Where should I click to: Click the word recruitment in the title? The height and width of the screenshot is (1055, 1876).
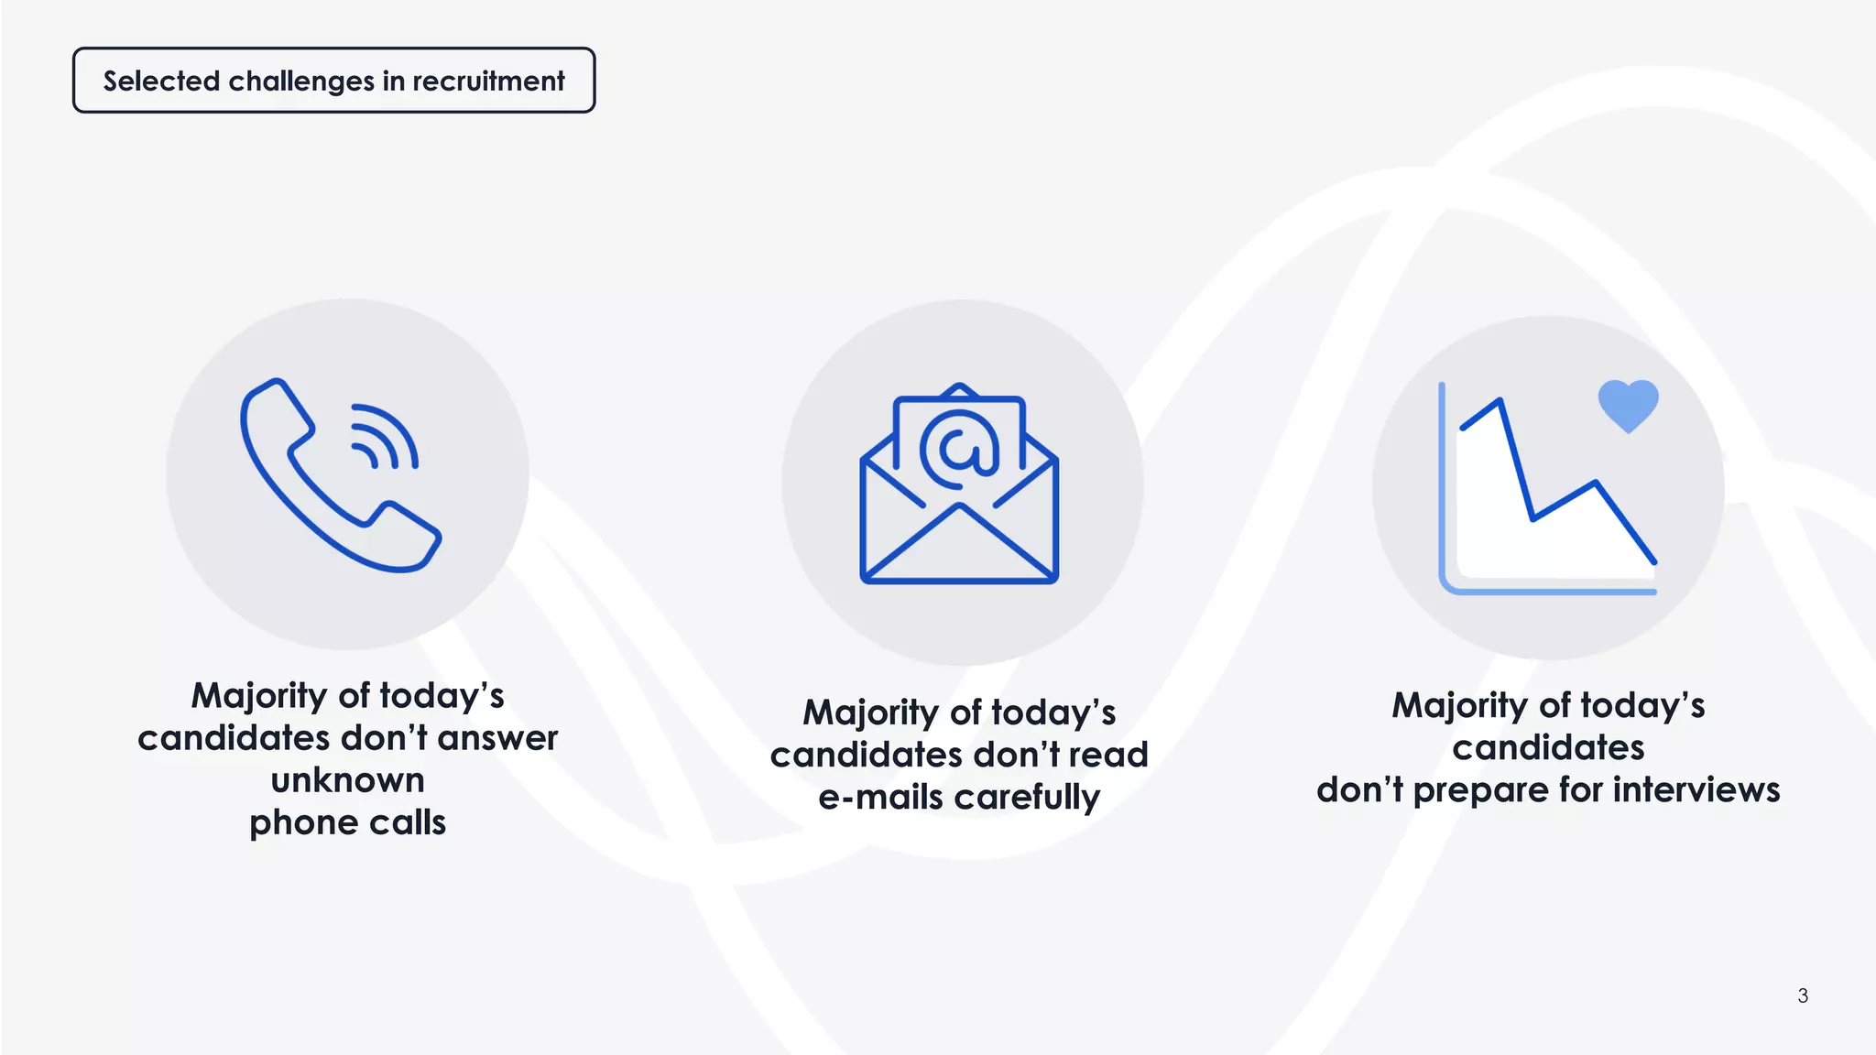pyautogui.click(x=488, y=81)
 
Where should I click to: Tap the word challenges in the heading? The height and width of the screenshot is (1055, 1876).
pyautogui.click(x=301, y=82)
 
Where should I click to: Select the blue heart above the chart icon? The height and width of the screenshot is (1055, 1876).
pyautogui.click(x=1628, y=404)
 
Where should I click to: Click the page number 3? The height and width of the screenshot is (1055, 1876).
pyautogui.click(x=1803, y=995)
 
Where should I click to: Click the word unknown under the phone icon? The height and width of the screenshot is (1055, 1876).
pyautogui.click(x=347, y=780)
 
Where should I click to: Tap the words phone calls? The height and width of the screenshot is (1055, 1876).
pyautogui.click(x=347, y=822)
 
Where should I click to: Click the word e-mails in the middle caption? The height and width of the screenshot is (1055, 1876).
pyautogui.click(x=880, y=797)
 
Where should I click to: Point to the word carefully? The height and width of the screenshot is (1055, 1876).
pyautogui.click(x=1027, y=798)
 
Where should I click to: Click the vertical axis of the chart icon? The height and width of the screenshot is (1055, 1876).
pyautogui.click(x=1442, y=485)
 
